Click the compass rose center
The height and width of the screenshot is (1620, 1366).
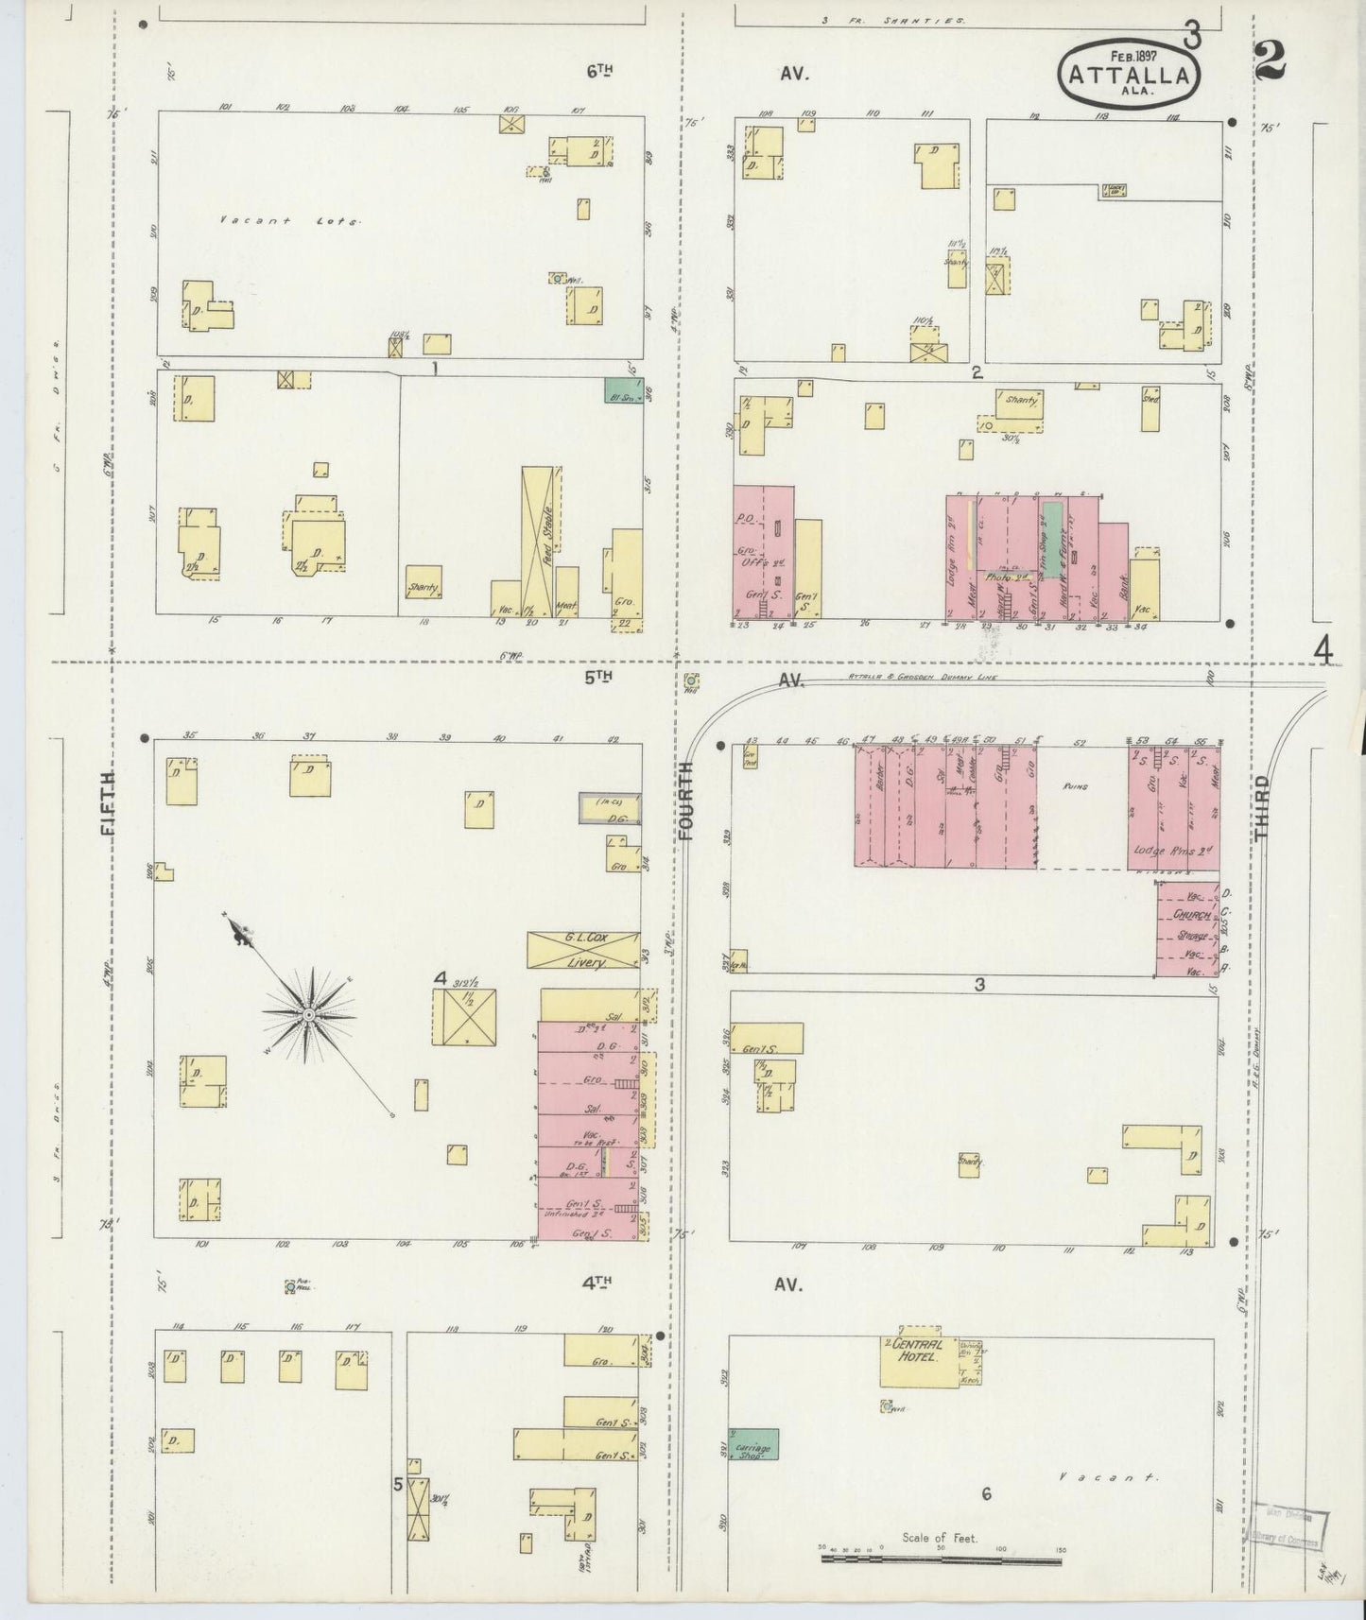[x=308, y=1014]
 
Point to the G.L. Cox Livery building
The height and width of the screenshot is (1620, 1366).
[x=583, y=950]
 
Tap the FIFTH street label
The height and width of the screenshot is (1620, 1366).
[x=106, y=803]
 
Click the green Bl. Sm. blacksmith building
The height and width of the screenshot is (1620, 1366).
[x=623, y=389]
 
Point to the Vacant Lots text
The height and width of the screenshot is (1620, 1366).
[x=289, y=220]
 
